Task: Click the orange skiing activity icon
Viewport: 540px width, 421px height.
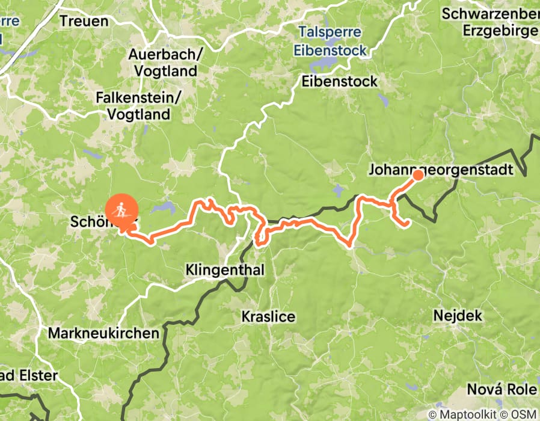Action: point(122,210)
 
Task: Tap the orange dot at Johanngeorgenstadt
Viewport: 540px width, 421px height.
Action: point(417,175)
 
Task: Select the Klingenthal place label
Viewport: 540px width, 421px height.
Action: point(225,270)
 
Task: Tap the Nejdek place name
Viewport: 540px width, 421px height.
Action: point(455,315)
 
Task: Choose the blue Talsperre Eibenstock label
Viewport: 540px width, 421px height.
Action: point(330,41)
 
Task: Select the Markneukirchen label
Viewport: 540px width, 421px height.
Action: point(103,333)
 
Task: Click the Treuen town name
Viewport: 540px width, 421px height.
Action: point(84,21)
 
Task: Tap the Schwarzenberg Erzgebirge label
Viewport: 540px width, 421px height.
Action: point(491,21)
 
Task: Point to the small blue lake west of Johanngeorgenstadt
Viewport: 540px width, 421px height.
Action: point(337,192)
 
